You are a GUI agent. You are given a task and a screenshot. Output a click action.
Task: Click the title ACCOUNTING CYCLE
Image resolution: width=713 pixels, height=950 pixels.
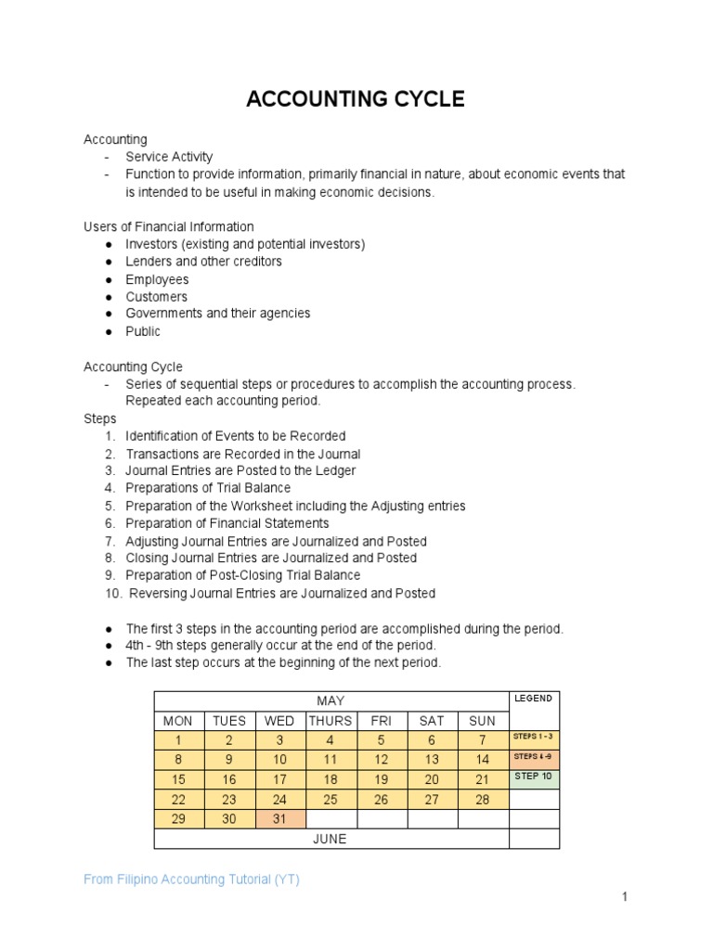click(x=356, y=99)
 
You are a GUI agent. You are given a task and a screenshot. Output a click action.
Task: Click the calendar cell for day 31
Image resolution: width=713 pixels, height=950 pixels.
click(x=279, y=819)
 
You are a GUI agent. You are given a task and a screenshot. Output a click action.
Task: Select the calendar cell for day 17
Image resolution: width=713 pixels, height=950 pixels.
click(x=279, y=779)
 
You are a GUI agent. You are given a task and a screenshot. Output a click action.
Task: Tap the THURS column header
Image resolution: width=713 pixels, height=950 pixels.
click(x=330, y=721)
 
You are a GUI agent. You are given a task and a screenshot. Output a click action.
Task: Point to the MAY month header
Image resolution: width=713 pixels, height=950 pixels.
click(x=331, y=700)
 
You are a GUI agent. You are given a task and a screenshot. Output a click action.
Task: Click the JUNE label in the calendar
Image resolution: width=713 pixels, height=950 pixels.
click(x=331, y=839)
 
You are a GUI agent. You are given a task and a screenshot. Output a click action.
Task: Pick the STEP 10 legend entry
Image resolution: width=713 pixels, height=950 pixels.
click(x=533, y=777)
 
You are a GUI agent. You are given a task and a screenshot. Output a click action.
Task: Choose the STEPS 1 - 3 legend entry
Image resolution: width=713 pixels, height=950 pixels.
click(x=533, y=737)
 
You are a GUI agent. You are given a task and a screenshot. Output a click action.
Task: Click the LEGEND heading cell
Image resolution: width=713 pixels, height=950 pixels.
click(x=533, y=699)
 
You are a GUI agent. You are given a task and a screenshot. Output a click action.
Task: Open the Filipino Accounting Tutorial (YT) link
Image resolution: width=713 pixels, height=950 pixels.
click(x=191, y=879)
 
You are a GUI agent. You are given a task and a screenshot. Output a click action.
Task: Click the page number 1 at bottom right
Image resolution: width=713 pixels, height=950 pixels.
click(x=626, y=896)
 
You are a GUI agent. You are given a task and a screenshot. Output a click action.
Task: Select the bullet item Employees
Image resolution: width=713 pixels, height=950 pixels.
click(x=157, y=279)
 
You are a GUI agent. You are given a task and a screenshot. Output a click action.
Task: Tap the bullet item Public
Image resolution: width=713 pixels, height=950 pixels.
click(x=143, y=331)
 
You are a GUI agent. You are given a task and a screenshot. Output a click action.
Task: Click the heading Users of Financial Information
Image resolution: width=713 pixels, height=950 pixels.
click(x=168, y=226)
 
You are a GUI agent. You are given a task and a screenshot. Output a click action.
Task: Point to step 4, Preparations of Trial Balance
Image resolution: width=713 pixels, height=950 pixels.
click(x=208, y=488)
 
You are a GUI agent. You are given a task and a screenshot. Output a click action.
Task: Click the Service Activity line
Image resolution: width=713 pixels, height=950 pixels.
click(x=169, y=157)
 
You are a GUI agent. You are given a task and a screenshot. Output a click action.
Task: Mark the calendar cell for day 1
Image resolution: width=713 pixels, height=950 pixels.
click(x=178, y=740)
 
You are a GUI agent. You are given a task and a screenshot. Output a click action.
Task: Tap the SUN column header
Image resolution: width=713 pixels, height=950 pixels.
click(x=482, y=721)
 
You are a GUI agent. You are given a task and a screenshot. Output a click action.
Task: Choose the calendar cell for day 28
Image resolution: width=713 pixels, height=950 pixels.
click(x=482, y=800)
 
